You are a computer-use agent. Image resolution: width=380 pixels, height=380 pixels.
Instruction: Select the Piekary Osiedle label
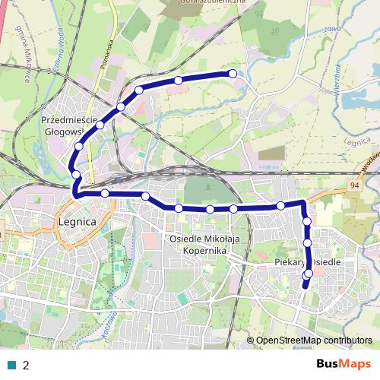(x=308, y=261)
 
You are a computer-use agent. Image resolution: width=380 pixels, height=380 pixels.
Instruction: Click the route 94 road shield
(x=356, y=185)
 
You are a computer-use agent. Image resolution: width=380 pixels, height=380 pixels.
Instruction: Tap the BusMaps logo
(x=344, y=364)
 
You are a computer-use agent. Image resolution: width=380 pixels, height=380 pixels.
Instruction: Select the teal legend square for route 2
(x=12, y=364)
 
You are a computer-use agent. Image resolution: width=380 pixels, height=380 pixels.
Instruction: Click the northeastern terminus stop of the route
(x=233, y=74)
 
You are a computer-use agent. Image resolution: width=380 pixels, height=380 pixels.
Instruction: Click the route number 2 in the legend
(x=26, y=365)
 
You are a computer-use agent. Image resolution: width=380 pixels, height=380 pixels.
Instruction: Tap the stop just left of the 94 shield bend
(x=280, y=205)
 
